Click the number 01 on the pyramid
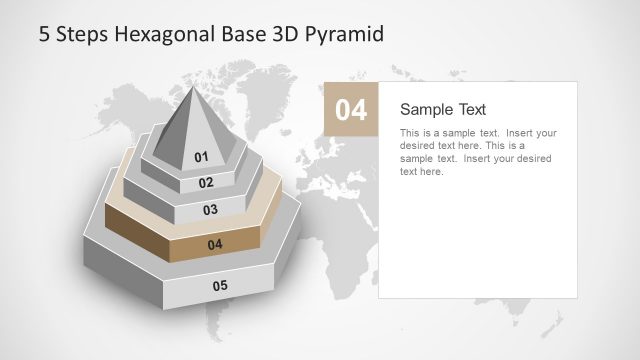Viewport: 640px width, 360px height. click(201, 157)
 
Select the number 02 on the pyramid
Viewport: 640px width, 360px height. click(206, 183)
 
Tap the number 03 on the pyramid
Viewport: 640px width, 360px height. click(210, 210)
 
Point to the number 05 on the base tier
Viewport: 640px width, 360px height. click(220, 286)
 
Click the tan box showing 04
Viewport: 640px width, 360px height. click(351, 109)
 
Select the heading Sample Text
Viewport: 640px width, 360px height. click(443, 109)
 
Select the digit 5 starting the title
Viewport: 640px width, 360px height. click(44, 34)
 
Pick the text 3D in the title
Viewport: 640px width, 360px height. click(283, 34)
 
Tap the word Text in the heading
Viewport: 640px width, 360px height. click(469, 109)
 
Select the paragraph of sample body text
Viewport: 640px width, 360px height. click(478, 152)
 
